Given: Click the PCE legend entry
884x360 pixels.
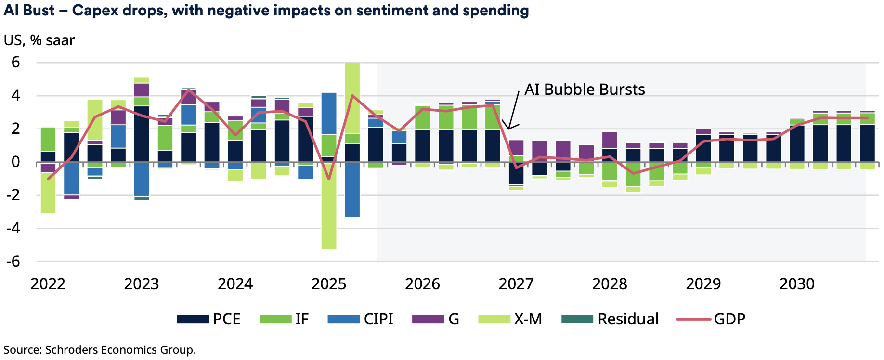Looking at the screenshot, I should pyautogui.click(x=208, y=319).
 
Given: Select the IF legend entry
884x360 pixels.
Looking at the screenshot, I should pyautogui.click(x=284, y=319).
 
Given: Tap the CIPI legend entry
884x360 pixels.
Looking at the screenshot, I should pyautogui.click(x=360, y=319).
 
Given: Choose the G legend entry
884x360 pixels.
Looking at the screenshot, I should pyautogui.click(x=436, y=319).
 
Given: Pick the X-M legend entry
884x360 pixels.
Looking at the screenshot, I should pyautogui.click(x=510, y=319).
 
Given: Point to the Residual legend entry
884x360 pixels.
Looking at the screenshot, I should pyautogui.click(x=610, y=319).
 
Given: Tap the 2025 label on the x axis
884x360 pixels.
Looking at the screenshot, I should pyautogui.click(x=329, y=284).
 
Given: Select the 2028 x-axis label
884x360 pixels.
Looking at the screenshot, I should pyautogui.click(x=610, y=284).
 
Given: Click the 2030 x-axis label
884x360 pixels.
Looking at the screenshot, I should pyautogui.click(x=797, y=284).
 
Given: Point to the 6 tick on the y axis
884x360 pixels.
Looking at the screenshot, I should pyautogui.click(x=16, y=62).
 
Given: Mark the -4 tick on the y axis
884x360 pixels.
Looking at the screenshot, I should pyautogui.click(x=13, y=228).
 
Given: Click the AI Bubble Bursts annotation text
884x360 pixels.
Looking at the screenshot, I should pyautogui.click(x=585, y=90).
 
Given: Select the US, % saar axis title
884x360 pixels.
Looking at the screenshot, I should pyautogui.click(x=39, y=40).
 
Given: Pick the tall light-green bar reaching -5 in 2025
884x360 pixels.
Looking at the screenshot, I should pyautogui.click(x=329, y=212).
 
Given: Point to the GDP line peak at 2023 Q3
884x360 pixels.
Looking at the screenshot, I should pyautogui.click(x=188, y=90).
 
